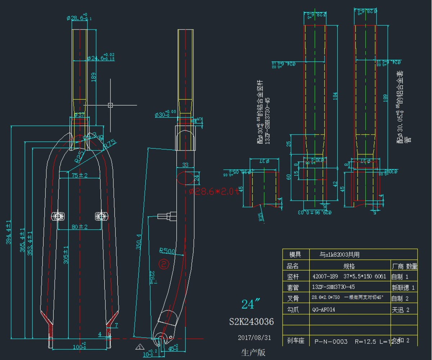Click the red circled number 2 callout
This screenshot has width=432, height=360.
point(164,264)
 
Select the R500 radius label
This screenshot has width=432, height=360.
point(167,251)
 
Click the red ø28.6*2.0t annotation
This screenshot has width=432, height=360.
point(214,192)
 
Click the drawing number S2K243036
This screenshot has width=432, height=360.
point(251,321)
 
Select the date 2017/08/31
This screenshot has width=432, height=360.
point(254,338)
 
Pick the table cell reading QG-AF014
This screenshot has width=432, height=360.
point(324,309)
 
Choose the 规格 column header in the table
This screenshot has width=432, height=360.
point(349,266)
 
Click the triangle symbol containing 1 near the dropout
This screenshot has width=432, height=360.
point(139,347)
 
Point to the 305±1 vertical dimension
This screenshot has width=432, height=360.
point(66,255)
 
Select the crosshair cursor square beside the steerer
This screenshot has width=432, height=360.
point(111,105)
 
